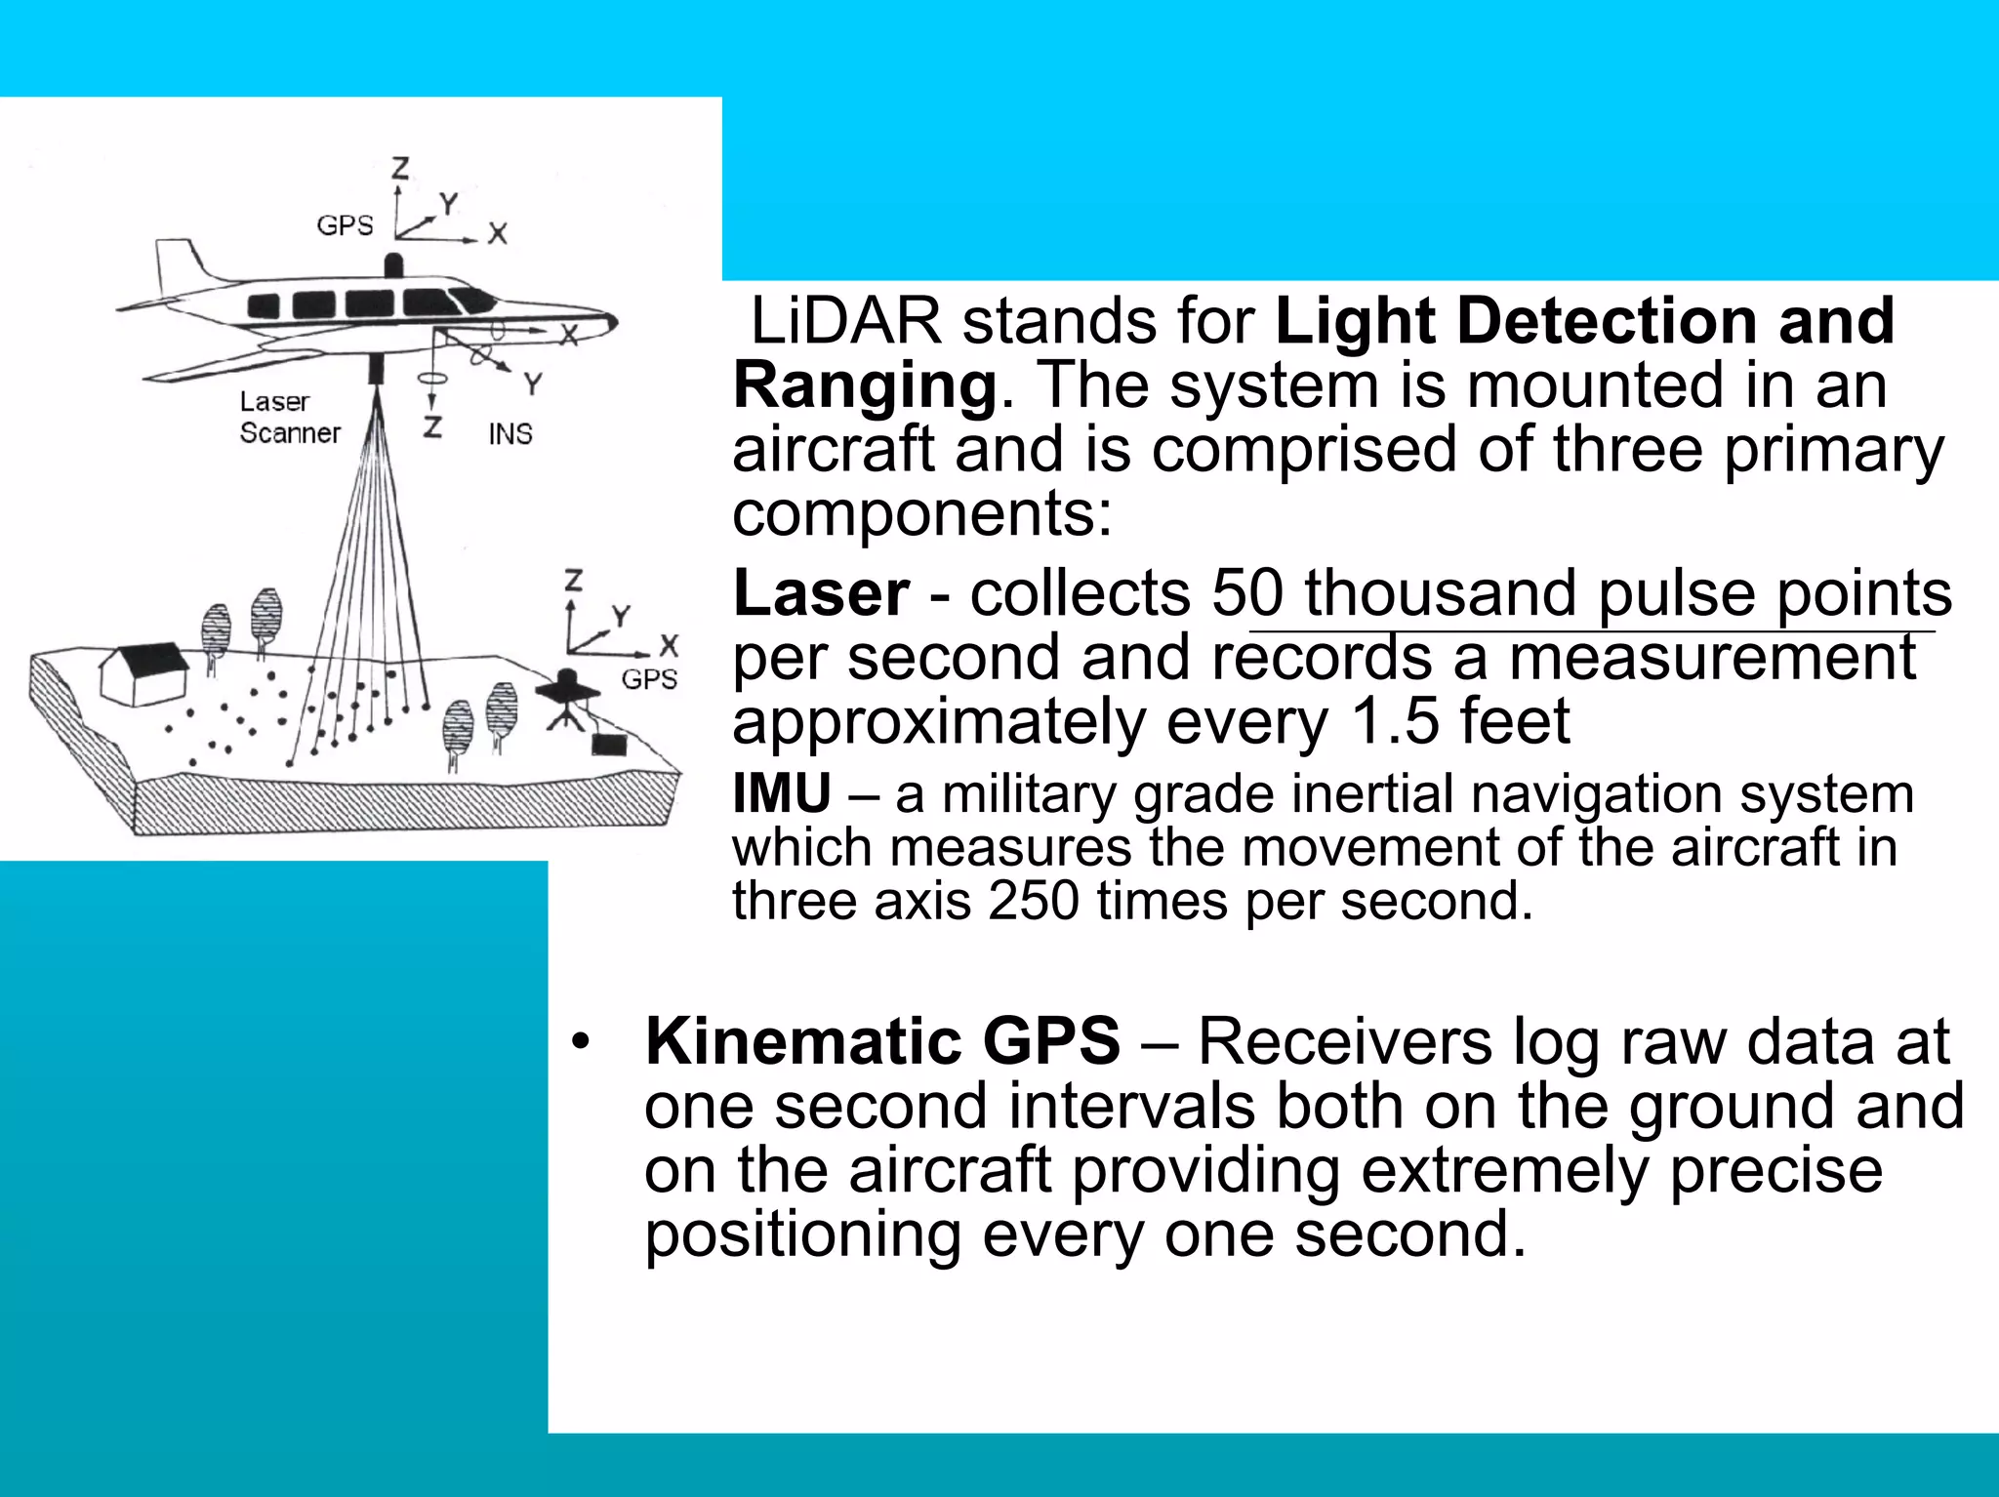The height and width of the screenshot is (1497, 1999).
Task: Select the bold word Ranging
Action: pos(865,385)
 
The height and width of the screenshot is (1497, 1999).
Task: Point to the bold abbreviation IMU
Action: pos(782,793)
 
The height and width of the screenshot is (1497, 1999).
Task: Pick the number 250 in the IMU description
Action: pos(1033,901)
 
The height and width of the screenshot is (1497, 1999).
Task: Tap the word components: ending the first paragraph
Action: pos(922,513)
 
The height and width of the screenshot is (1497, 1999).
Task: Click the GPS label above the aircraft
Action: pos(345,225)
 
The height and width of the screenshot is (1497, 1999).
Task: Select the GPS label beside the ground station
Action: pos(649,679)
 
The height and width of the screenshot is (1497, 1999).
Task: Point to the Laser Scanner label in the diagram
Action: pos(289,418)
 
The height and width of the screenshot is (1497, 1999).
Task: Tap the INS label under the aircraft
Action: pos(510,434)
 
